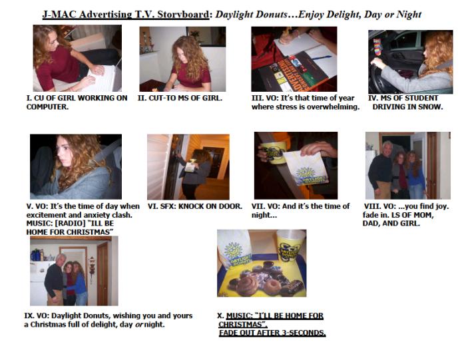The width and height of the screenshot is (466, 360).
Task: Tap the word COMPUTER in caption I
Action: coord(47,107)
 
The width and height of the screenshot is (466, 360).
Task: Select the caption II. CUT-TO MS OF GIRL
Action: coord(180,98)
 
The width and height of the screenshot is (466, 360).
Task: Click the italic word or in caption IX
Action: coord(138,325)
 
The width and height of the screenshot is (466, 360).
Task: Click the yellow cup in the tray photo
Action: coord(291,246)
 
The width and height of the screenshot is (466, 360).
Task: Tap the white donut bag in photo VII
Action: coord(306,168)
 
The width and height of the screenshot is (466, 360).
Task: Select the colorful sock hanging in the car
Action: coord(377,47)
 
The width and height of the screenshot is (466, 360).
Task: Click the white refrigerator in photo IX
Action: coord(39,283)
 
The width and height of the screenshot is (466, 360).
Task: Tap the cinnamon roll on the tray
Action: coord(247,285)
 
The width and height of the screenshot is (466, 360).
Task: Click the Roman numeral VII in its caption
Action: coord(258,206)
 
